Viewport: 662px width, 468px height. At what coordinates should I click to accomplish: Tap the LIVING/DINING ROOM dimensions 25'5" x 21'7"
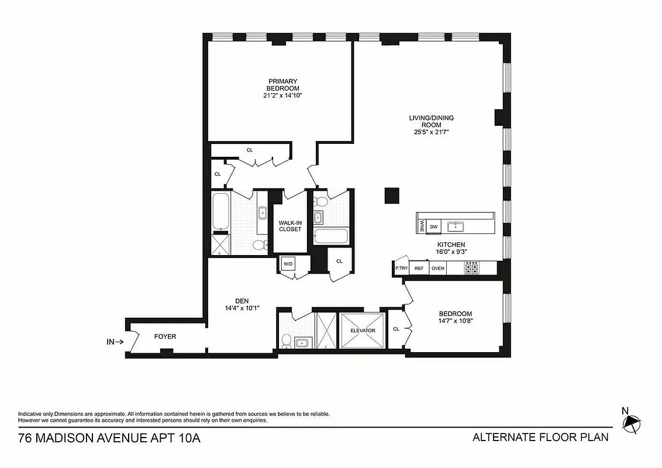[x=431, y=132]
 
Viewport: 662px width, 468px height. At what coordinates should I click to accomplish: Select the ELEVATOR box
[x=362, y=331]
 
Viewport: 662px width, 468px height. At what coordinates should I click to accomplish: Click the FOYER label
[x=165, y=336]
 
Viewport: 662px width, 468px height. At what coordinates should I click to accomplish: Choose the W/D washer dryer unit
[x=288, y=264]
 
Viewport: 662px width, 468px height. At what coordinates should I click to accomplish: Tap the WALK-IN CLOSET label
[x=289, y=226]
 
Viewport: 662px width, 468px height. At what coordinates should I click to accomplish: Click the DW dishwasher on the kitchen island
[x=433, y=227]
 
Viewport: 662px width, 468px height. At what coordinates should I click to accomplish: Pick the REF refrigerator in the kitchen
[x=419, y=269]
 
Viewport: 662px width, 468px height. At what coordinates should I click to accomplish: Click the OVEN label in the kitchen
[x=437, y=269]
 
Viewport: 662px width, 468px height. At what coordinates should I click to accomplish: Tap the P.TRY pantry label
[x=401, y=269]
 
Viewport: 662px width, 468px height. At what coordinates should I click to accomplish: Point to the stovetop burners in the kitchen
[x=471, y=268]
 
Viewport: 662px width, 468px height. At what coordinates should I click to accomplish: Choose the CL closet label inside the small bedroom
[x=396, y=329]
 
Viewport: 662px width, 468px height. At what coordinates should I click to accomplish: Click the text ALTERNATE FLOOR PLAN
[x=540, y=437]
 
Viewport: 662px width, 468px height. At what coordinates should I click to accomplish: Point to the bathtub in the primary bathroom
[x=220, y=212]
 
